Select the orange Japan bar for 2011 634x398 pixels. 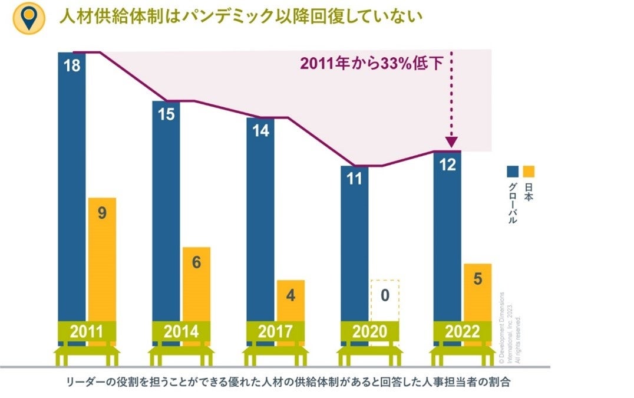click(x=102, y=259)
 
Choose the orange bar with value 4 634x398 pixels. click(x=290, y=301)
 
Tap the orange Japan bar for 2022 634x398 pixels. click(x=477, y=292)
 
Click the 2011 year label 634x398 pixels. click(x=87, y=332)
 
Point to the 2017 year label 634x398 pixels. click(x=275, y=332)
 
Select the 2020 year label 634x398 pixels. click(x=369, y=332)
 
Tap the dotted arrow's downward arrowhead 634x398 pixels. click(x=451, y=142)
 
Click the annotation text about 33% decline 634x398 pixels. click(x=371, y=64)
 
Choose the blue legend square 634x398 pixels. click(x=513, y=172)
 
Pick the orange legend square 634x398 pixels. click(x=529, y=172)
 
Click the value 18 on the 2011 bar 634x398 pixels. click(x=72, y=65)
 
